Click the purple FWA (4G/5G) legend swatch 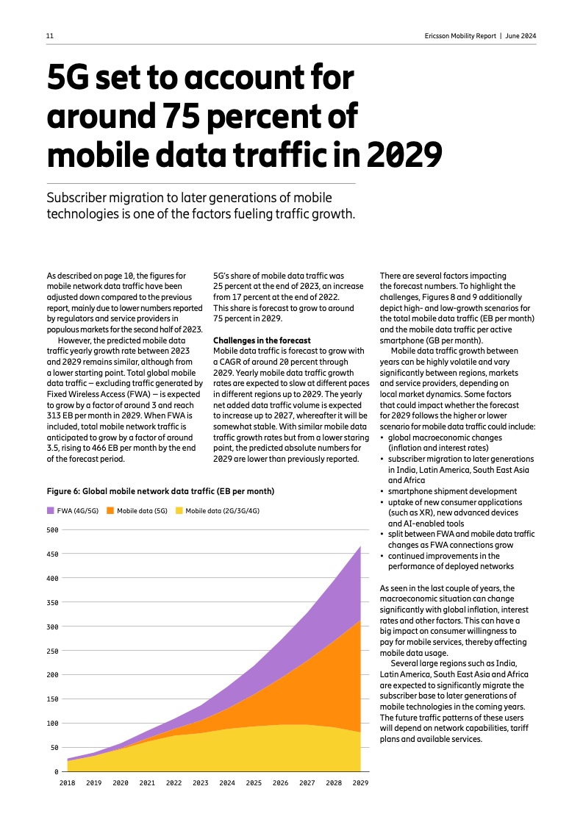pos(51,510)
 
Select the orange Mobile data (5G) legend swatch pos(110,510)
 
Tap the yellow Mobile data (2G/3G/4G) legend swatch pos(179,510)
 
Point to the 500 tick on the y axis pos(52,530)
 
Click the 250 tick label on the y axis pos(52,651)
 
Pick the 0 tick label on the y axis pos(56,771)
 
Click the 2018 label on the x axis pos(67,784)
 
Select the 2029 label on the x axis pos(360,784)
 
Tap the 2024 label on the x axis pos(227,784)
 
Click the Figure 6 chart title pos(160,490)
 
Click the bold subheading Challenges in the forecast pos(261,340)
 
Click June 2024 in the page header pos(521,36)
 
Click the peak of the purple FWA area pos(360,547)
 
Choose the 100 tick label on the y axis pos(52,723)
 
